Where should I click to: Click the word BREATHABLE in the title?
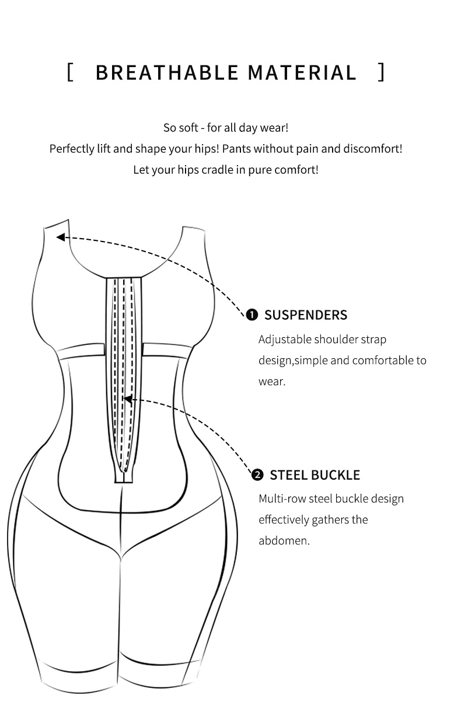[167, 73]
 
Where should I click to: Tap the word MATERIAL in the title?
[302, 73]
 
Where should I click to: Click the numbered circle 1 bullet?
[252, 315]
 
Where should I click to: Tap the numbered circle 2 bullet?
[257, 475]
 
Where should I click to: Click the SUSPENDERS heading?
[306, 315]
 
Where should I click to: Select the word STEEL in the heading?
[288, 475]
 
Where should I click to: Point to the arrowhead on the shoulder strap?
[61, 237]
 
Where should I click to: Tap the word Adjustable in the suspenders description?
[285, 340]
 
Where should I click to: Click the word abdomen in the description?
[284, 540]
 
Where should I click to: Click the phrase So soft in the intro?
[181, 128]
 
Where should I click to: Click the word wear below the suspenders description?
[271, 382]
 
